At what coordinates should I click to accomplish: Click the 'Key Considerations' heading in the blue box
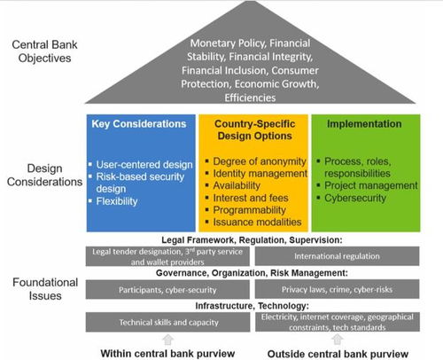point(139,124)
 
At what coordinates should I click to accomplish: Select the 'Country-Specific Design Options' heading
point(254,129)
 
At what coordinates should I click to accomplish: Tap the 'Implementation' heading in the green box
point(364,124)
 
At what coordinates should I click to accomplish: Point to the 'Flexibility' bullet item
point(117,201)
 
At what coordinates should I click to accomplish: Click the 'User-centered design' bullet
point(144,165)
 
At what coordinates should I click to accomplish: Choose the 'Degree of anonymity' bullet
point(260,161)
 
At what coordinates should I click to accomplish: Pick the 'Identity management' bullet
point(260,174)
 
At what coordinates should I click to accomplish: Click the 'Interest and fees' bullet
point(251,198)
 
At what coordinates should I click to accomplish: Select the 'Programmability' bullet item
point(250,210)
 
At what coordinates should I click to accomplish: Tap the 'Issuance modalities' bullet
point(257,222)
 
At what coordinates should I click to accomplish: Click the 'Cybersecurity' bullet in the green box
point(355,198)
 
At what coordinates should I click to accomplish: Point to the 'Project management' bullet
point(371,185)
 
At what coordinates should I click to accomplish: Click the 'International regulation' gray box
point(337,256)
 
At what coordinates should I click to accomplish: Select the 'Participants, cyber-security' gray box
point(167,289)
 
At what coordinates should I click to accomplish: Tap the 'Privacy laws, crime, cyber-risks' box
point(337,289)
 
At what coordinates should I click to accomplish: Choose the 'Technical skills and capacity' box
point(168,322)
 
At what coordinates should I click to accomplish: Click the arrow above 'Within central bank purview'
point(167,340)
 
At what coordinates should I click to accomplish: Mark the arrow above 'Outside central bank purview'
point(337,340)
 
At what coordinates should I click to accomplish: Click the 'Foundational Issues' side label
point(45,289)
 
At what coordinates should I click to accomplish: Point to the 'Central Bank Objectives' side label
point(44,51)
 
